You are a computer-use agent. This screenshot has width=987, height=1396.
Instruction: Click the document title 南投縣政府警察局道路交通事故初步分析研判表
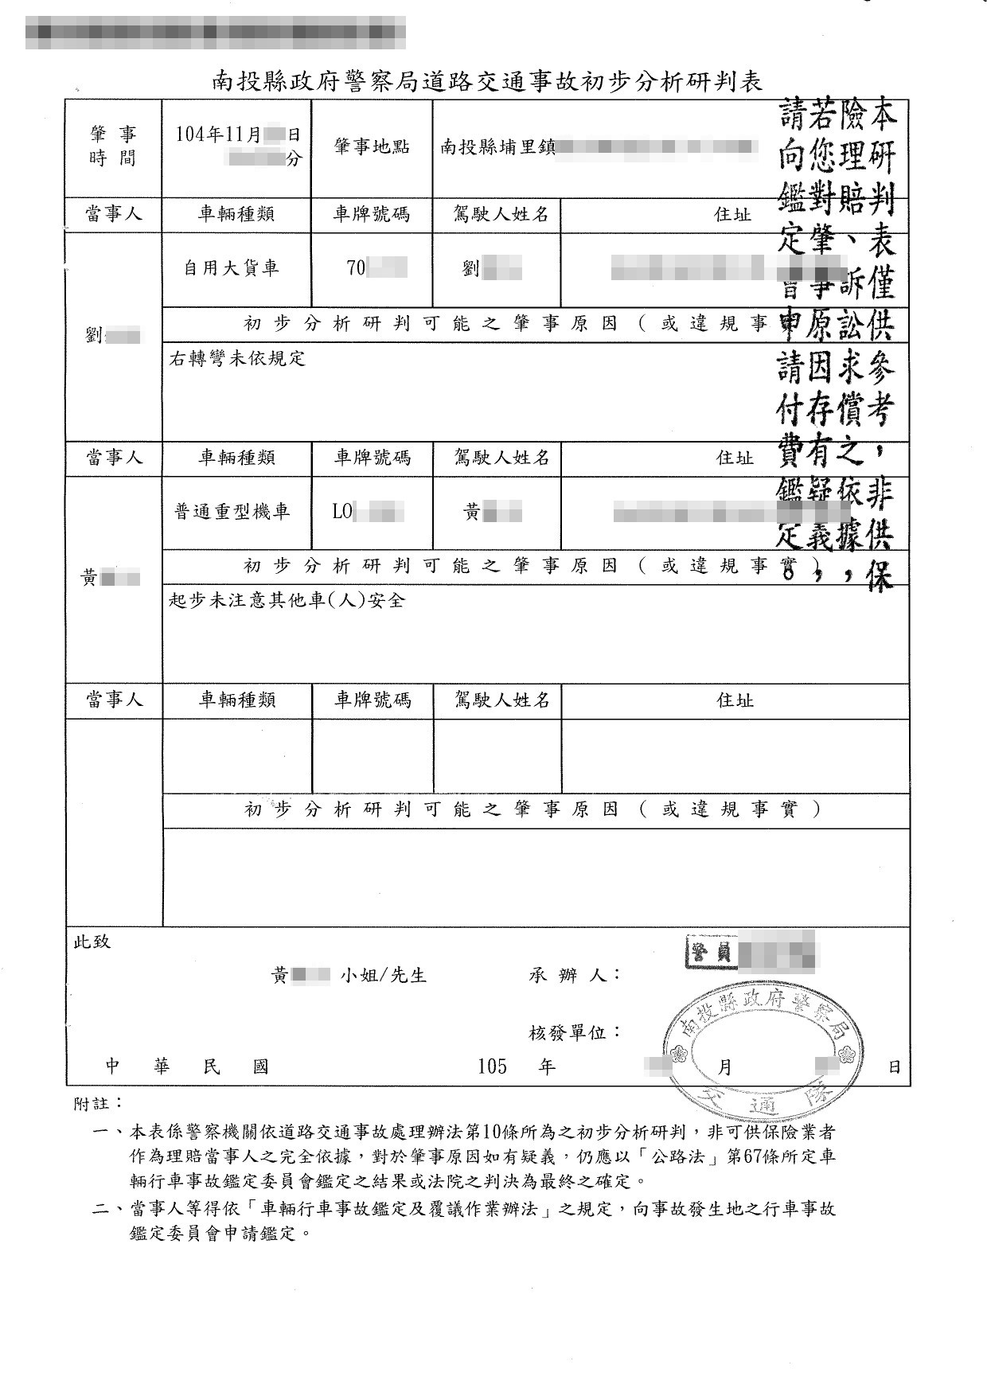487,81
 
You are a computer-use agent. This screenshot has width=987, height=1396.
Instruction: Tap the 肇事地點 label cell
372,147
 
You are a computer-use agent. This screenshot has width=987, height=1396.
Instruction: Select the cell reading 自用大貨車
232,269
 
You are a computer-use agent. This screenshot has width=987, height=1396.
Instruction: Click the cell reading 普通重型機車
232,512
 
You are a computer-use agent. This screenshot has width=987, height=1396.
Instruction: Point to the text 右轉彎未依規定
237,359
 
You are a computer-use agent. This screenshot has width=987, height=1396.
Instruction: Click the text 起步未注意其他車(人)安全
287,600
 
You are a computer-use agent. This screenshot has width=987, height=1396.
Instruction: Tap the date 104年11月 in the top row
218,135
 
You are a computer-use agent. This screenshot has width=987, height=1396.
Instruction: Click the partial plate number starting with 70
356,268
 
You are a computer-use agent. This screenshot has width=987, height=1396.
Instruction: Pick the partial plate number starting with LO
342,512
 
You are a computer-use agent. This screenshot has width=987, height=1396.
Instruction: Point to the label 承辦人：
575,975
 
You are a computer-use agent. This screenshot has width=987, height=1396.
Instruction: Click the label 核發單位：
575,1032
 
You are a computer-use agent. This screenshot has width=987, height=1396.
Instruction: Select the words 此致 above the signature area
92,942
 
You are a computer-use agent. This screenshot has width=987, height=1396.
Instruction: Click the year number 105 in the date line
492,1066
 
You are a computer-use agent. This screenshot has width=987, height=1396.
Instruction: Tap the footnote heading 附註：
98,1103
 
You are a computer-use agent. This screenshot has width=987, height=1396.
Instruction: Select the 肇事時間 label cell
113,147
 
